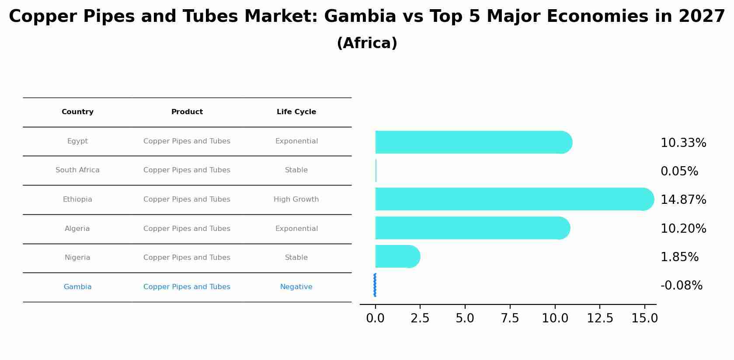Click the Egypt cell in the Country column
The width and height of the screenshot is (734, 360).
[77, 141]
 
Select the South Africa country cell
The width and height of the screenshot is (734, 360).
[77, 170]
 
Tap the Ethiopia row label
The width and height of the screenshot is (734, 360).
[77, 199]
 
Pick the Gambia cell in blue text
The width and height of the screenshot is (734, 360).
[77, 287]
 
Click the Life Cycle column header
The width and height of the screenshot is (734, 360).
[296, 112]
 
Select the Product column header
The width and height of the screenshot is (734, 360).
[187, 112]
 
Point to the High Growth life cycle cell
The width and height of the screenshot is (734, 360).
[296, 199]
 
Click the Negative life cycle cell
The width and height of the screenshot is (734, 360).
[296, 287]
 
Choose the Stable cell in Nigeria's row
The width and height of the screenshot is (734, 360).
[296, 258]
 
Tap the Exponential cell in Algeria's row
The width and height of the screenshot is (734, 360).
[296, 229]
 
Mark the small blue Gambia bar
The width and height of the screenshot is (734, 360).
[375, 285]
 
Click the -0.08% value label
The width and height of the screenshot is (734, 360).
[681, 286]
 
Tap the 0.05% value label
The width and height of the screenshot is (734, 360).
[679, 171]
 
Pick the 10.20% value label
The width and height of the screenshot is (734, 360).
[683, 229]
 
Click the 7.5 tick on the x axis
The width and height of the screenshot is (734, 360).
[510, 318]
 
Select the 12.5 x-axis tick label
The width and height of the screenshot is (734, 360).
[600, 318]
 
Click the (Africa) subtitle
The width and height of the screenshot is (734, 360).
[367, 43]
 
